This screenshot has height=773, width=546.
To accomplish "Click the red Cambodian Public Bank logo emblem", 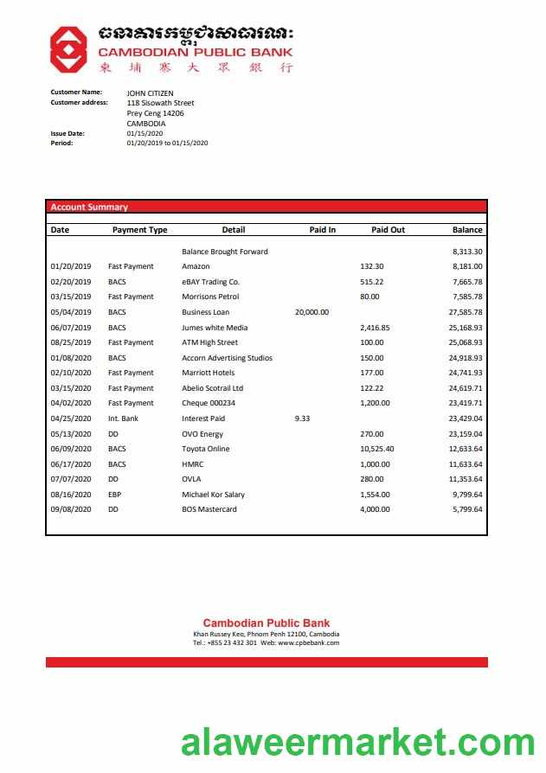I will [x=67, y=48].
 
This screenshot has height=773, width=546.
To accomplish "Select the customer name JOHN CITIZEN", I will [x=150, y=93].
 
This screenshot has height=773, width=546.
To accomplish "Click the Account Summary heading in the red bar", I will [x=89, y=208].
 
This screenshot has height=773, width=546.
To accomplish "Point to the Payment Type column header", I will [x=139, y=230].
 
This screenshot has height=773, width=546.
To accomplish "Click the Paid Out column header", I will [x=388, y=230].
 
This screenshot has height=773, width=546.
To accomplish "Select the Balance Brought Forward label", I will [x=225, y=252].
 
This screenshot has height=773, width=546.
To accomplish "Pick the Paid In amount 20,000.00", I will [x=312, y=312].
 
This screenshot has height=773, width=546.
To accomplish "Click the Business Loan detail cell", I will [x=205, y=312].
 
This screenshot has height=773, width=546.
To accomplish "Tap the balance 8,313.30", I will [x=467, y=252].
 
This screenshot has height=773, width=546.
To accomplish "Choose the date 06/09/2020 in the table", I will [x=71, y=449].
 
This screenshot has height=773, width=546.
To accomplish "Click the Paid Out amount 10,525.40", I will [x=376, y=449].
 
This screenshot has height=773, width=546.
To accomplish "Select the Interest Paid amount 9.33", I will [x=302, y=418].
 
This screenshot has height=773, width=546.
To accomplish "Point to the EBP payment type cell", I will [x=115, y=495].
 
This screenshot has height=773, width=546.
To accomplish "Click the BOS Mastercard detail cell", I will [x=209, y=509].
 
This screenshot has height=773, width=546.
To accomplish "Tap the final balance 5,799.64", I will [x=467, y=509].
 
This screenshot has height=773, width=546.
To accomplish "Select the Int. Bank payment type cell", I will [x=123, y=418].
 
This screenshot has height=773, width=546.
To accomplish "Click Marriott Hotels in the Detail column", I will [x=208, y=373].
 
